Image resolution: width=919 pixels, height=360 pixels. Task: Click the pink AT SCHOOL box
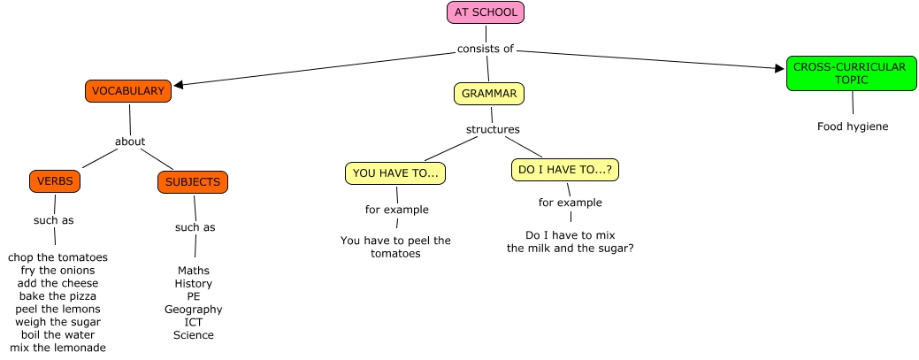click(x=486, y=12)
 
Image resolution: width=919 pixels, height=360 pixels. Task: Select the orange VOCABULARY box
click(x=128, y=91)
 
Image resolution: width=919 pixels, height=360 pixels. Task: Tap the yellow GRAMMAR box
click(x=489, y=93)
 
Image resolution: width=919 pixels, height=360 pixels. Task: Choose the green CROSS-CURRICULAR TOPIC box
click(x=850, y=73)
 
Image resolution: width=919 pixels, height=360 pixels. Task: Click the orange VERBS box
click(x=55, y=181)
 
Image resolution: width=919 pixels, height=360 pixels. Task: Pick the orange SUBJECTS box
click(x=193, y=182)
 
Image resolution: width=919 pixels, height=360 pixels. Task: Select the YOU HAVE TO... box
click(x=395, y=173)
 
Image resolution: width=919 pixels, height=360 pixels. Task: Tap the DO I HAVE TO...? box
click(x=565, y=170)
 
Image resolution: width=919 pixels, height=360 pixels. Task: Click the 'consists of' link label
click(x=486, y=49)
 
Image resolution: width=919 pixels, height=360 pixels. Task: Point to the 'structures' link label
click(x=493, y=130)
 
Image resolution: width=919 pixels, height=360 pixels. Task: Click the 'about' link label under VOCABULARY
click(x=130, y=142)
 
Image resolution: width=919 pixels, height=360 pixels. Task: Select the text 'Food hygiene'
click(x=853, y=126)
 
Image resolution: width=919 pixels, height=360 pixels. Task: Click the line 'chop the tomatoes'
click(x=58, y=257)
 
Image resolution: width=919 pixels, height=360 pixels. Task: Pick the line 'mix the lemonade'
click(x=58, y=348)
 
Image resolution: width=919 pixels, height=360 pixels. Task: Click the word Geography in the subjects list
click(x=193, y=310)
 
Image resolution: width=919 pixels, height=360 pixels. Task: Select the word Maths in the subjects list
click(x=193, y=270)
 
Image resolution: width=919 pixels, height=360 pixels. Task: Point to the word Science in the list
click(x=193, y=335)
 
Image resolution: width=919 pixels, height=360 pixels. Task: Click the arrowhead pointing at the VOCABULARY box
click(x=179, y=86)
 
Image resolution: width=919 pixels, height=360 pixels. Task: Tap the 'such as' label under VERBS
click(x=54, y=220)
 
